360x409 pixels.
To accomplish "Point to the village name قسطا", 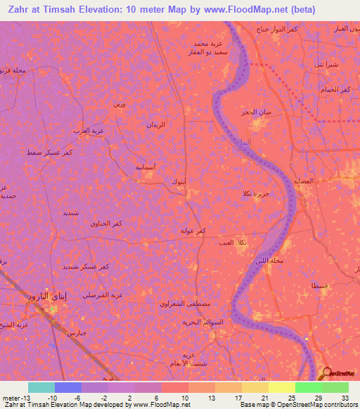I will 309,285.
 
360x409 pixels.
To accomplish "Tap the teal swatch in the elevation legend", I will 41,387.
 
